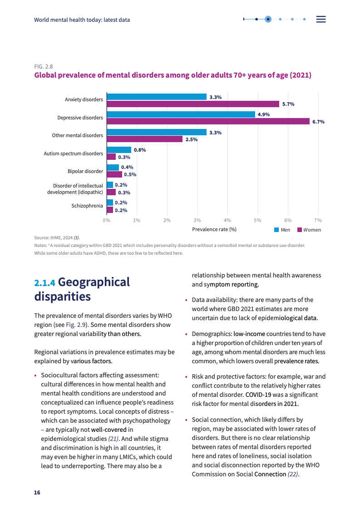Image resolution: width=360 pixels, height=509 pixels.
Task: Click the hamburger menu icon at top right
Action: [321, 19]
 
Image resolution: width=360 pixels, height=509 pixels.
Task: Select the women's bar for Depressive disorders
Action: [208, 122]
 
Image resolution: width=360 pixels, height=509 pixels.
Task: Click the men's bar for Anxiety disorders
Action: [157, 97]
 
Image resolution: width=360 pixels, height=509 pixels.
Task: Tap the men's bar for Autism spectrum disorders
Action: [119, 150]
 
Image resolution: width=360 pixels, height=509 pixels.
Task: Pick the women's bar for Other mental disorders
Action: [144, 139]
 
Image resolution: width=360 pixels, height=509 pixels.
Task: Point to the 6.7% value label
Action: [318, 122]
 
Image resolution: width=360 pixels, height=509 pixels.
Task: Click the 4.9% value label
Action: [263, 114]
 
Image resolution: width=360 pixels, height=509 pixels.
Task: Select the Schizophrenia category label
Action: [87, 206]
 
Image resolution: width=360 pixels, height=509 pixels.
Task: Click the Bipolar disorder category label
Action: [85, 171]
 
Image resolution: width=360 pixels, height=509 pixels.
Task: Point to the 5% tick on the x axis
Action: [257, 220]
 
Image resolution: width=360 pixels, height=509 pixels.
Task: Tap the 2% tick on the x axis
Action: [167, 220]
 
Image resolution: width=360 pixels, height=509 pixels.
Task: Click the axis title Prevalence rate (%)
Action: [214, 229]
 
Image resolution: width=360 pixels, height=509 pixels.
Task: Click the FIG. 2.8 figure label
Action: [44, 67]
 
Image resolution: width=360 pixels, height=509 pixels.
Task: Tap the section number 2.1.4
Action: [44, 283]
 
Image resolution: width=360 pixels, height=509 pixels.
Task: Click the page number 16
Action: [37, 493]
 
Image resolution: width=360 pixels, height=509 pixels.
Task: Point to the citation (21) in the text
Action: [113, 439]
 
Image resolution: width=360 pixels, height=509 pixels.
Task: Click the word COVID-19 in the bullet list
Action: [258, 394]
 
